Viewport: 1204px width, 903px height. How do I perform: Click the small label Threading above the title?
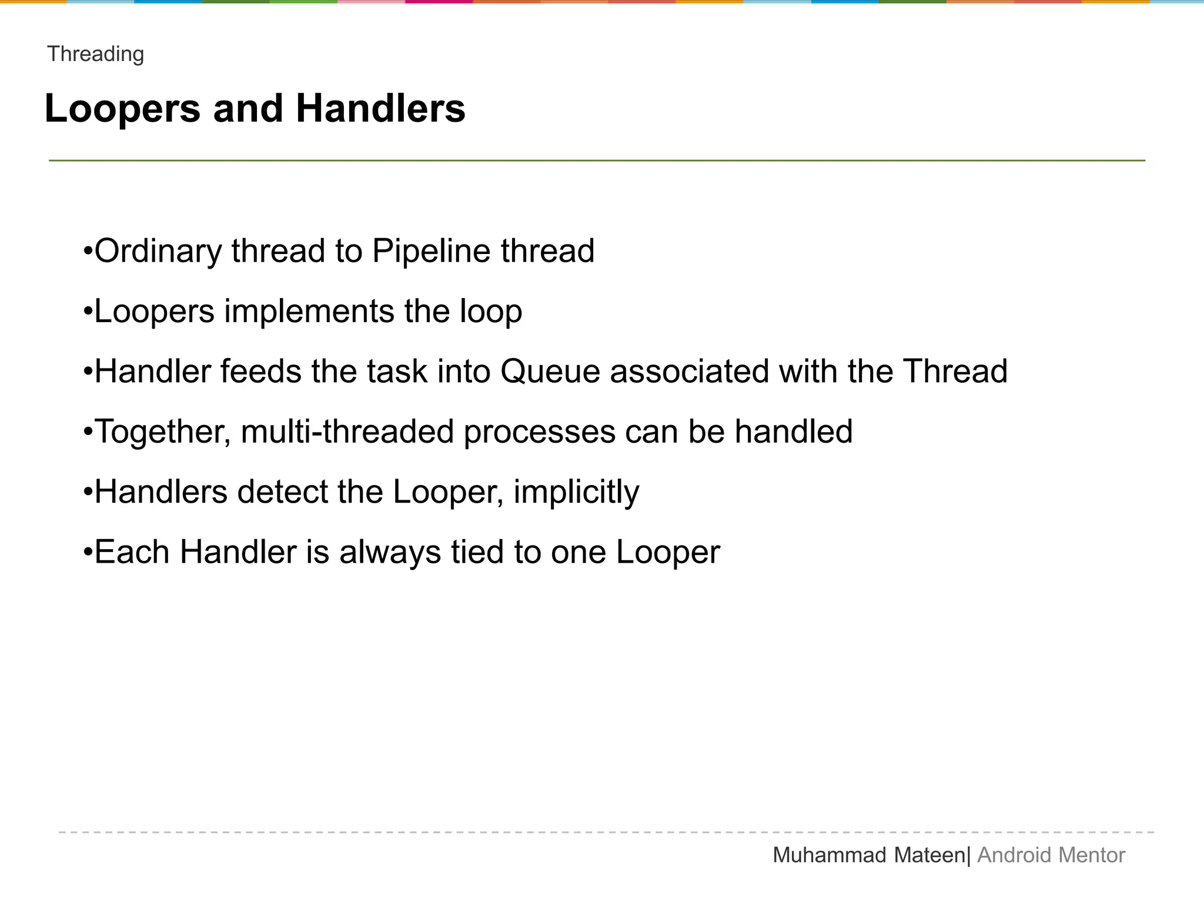[x=96, y=54]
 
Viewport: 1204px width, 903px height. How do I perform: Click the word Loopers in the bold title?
[x=122, y=109]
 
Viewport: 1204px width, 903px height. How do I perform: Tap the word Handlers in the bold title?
[x=380, y=109]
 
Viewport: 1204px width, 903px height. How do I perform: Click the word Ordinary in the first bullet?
[x=158, y=251]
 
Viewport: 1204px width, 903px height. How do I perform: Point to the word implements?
[x=309, y=312]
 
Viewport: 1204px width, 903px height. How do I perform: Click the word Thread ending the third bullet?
[x=955, y=372]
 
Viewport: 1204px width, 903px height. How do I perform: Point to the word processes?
[x=539, y=433]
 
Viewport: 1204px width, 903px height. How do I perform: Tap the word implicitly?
[x=576, y=492]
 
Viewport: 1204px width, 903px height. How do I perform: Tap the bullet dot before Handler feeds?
[x=88, y=373]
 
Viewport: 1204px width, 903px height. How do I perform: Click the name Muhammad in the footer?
[x=830, y=855]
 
